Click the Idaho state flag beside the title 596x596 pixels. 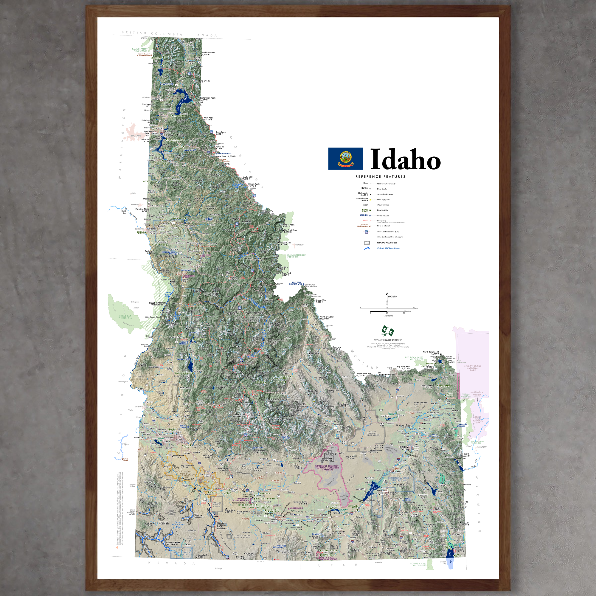pos(345,159)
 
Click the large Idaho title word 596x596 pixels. pos(405,159)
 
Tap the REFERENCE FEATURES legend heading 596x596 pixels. pos(380,177)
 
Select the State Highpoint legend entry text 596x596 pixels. pos(383,200)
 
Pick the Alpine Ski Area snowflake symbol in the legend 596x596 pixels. pos(370,216)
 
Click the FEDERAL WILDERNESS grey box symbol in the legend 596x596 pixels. pos(367,243)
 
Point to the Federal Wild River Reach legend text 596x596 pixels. pos(388,248)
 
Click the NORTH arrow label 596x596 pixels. pos(392,297)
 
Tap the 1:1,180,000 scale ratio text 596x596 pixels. pos(387,316)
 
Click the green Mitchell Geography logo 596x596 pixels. pos(388,331)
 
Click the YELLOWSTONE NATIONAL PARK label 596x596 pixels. pos(472,368)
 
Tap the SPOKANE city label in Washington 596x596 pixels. pos(136,135)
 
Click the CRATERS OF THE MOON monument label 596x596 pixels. pos(327,467)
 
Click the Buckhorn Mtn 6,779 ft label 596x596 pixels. pos(208,53)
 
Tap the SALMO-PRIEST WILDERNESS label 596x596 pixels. pos(140,50)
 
